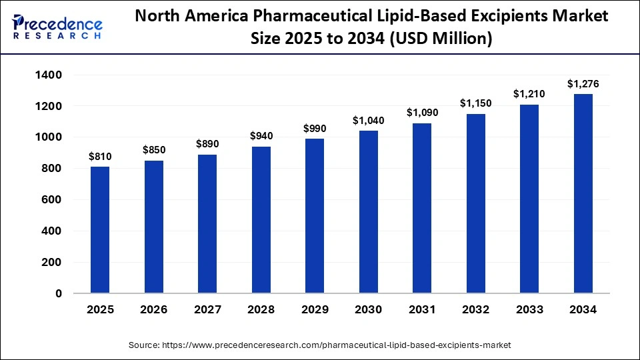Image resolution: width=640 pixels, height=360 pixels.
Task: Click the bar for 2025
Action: coord(100,230)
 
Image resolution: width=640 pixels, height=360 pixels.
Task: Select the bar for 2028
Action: coord(261,220)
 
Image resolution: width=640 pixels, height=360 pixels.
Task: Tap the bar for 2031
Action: coord(422,208)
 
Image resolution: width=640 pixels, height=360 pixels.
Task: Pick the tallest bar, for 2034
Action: coord(583,193)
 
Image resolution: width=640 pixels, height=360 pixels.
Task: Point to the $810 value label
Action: coord(100,157)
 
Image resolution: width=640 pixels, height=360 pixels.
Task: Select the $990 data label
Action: coord(315,129)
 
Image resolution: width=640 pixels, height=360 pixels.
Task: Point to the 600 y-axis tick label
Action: coord(52,200)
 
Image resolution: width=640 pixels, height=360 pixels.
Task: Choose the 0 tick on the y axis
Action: coord(59,293)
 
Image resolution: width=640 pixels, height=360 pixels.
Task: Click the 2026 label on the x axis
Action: coord(154,310)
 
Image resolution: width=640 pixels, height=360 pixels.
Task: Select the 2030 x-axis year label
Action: coord(368,310)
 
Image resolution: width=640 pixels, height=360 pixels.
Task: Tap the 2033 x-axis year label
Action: coord(529,310)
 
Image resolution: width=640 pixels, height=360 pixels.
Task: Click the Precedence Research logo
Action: coord(57,26)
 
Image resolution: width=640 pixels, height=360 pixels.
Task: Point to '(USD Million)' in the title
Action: coord(441,40)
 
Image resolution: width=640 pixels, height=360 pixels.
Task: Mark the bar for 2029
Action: coord(315,216)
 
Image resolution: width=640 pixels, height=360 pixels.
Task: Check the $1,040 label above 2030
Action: coord(368,121)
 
